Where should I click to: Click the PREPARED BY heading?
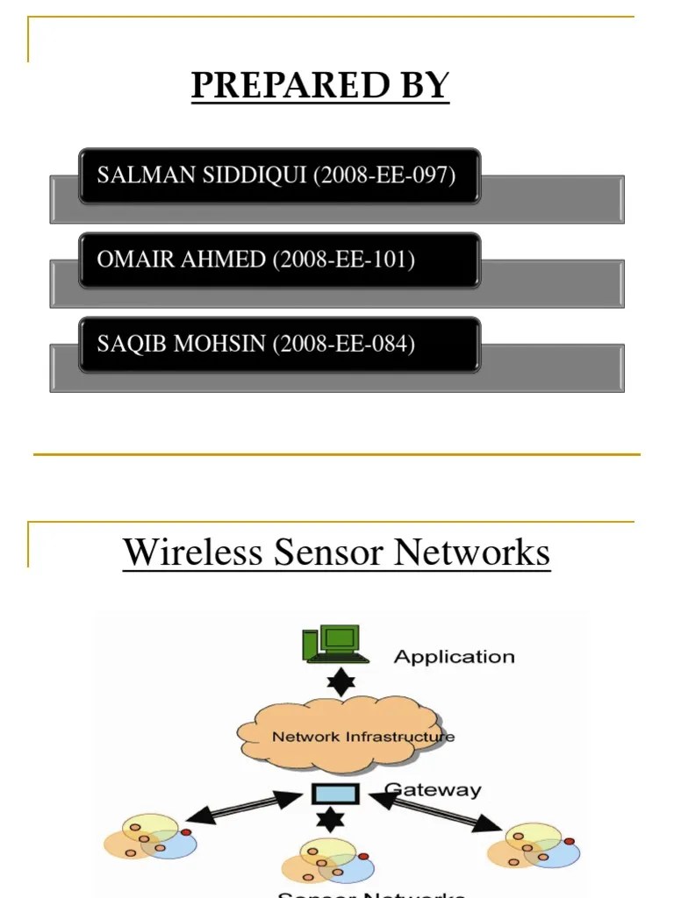[320, 86]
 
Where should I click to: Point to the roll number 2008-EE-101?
[344, 260]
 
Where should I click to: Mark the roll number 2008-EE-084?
[344, 344]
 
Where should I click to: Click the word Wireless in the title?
[192, 552]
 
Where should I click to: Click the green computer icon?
[332, 645]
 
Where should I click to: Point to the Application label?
[454, 657]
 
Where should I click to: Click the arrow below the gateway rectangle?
[330, 821]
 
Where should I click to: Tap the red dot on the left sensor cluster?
[185, 831]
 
